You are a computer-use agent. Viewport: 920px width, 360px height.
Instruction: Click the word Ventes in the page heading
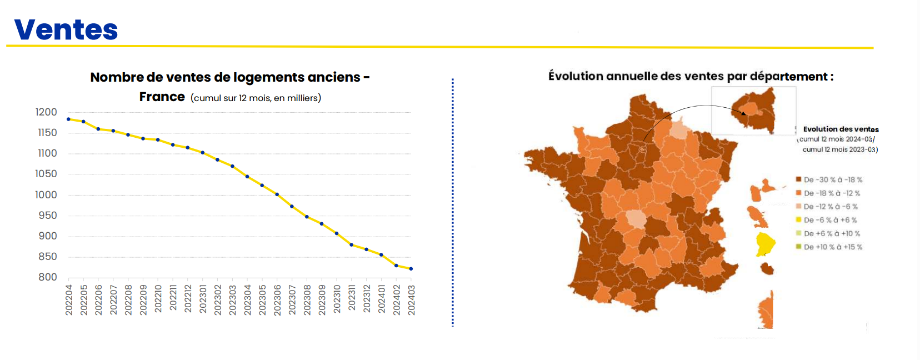pos(66,30)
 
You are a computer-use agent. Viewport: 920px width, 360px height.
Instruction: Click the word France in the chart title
pos(162,97)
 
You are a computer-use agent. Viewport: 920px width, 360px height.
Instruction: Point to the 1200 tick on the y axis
pos(46,112)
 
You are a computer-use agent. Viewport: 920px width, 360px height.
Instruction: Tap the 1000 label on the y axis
pos(46,195)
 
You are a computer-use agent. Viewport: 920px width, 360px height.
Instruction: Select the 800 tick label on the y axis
pos(48,277)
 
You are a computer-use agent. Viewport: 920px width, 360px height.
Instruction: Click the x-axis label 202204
pos(69,300)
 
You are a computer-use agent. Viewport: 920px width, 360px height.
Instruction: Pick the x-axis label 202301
pos(203,300)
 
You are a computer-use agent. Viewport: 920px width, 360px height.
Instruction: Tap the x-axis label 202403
pos(411,300)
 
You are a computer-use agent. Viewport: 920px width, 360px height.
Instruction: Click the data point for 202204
pos(68,119)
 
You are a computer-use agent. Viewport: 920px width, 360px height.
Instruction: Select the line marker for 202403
pos(411,269)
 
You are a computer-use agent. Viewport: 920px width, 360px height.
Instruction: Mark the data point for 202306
pos(277,194)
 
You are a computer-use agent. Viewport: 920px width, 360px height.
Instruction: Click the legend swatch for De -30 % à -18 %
pos(798,179)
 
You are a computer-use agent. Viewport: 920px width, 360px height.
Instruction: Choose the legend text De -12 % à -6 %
pos(831,207)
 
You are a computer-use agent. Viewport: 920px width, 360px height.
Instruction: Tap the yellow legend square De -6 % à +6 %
pos(798,220)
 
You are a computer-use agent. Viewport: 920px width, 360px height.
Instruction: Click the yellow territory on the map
pos(764,243)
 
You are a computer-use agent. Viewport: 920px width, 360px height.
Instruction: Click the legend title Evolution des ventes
pos(841,129)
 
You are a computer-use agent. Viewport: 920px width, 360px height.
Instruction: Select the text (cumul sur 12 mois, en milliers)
pos(256,98)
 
